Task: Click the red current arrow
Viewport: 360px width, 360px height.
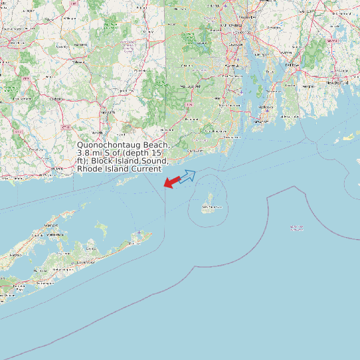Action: [171, 181]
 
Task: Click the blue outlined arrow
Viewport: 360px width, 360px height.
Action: [188, 175]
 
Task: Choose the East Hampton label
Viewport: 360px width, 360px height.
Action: [85, 262]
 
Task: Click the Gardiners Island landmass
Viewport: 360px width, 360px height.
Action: [101, 229]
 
